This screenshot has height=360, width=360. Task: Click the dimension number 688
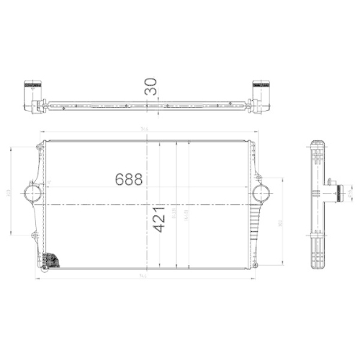[129, 179]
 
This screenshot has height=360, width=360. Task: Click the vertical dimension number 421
[159, 219]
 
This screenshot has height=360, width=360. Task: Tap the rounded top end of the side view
[317, 144]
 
